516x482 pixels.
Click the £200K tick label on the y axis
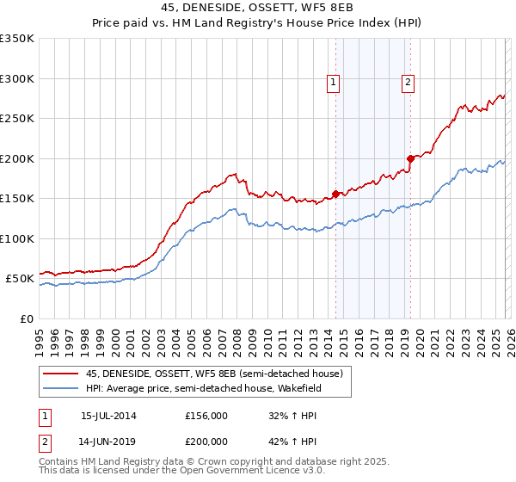pyautogui.click(x=16, y=158)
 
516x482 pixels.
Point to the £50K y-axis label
pyautogui.click(x=20, y=279)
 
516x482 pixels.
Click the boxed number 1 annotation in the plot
pyautogui.click(x=333, y=83)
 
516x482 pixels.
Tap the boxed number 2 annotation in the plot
pyautogui.click(x=407, y=83)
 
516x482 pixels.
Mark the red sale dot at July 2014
pyautogui.click(x=335, y=194)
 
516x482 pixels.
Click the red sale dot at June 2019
pyautogui.click(x=410, y=158)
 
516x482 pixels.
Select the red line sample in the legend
pyautogui.click(x=61, y=374)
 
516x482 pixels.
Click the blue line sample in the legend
pyautogui.click(x=61, y=388)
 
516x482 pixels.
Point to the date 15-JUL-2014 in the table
pyautogui.click(x=108, y=416)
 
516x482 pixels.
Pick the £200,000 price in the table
pyautogui.click(x=206, y=441)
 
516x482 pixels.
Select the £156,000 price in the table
pyautogui.click(x=206, y=416)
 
